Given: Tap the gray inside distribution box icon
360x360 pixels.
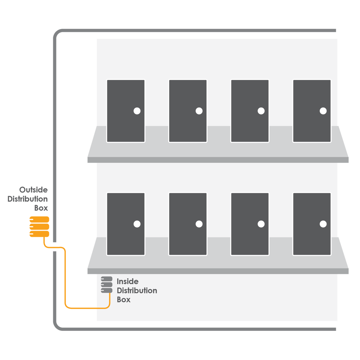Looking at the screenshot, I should click(107, 284).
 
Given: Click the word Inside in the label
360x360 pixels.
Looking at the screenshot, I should click(127, 281).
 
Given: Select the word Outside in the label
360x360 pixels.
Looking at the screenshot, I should click(33, 190).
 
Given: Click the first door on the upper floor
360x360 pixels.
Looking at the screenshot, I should click(126, 111).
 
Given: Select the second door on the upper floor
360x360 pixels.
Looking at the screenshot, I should click(188, 111).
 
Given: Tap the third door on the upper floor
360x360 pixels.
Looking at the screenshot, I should click(249, 111).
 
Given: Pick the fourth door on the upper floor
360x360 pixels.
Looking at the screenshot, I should click(311, 111).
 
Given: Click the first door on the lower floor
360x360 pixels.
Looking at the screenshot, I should click(126, 224).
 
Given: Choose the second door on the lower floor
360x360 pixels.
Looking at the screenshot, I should click(188, 224).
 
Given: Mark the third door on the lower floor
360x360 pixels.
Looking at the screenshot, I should click(249, 224).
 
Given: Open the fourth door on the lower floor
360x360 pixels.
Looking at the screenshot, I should click(311, 224).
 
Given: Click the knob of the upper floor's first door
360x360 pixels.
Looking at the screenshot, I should click(137, 111).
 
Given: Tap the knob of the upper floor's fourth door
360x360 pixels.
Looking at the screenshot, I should click(323, 111).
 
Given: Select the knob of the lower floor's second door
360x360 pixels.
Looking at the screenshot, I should click(199, 224).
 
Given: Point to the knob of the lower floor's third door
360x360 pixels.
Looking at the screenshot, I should click(261, 224).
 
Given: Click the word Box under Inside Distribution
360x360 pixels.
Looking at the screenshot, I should click(123, 300).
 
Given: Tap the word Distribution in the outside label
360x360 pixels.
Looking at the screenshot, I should click(28, 199).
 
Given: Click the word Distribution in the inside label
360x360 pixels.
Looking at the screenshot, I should click(137, 291).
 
